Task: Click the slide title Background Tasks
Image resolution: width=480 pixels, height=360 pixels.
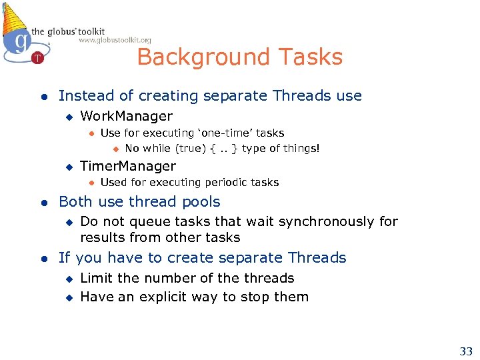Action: [239, 57]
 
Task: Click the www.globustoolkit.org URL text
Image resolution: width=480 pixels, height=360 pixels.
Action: [115, 40]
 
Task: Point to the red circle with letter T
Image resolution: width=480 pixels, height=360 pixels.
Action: [37, 59]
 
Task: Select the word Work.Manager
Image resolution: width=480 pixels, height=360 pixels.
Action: [126, 116]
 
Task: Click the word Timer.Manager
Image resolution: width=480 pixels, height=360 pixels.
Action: [128, 166]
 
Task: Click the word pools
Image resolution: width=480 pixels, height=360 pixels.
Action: [203, 202]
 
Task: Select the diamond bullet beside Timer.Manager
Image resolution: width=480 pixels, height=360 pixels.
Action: [67, 167]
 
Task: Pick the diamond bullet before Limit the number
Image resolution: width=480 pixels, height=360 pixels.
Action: [67, 279]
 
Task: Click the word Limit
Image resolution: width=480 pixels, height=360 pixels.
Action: [96, 278]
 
